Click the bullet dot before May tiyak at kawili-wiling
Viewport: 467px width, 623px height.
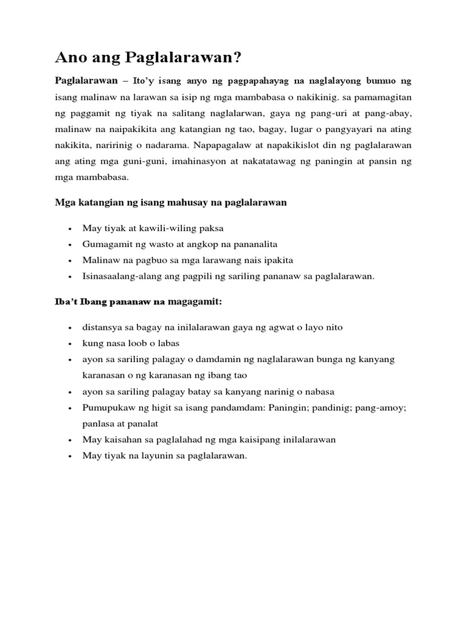pos(71,229)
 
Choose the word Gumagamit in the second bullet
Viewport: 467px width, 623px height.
pos(105,244)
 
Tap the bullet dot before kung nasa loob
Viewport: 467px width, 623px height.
pos(71,344)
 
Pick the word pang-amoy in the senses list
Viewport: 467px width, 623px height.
pos(380,407)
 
